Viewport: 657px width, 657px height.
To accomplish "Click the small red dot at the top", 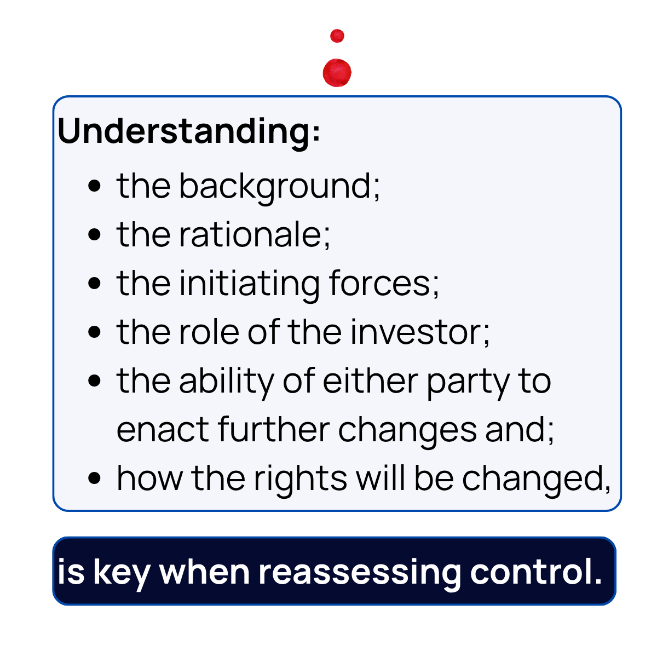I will (337, 36).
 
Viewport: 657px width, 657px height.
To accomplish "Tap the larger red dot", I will (337, 72).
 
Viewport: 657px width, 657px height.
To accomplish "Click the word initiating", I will (249, 284).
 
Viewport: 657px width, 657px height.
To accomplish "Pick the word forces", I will (383, 284).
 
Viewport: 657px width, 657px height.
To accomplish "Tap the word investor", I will (419, 332).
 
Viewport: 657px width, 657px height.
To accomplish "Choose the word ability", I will (226, 382).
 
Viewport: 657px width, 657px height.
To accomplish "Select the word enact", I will (163, 429).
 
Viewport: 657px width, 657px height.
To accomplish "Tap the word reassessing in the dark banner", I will (360, 573).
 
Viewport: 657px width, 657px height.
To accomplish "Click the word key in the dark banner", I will (121, 573).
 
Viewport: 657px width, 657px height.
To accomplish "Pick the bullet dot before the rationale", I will (95, 235).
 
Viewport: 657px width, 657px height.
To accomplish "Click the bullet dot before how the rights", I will (95, 478).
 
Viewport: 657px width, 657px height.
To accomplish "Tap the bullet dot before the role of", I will (95, 332).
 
